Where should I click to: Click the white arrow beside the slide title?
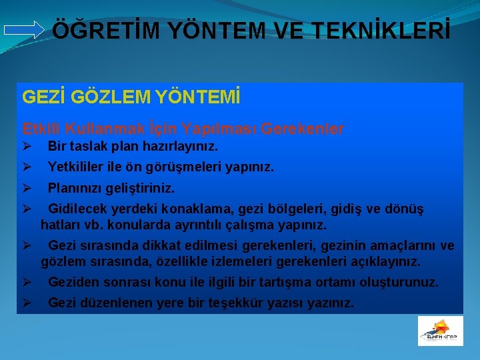[x=24, y=31]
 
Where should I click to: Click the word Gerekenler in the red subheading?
[x=305, y=128]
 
